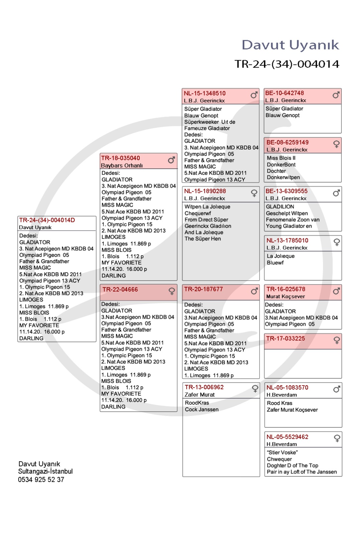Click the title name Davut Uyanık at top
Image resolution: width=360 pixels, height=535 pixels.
(x=290, y=45)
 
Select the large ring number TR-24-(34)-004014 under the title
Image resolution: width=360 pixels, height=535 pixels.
(x=287, y=64)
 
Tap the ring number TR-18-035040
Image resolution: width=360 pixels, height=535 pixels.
(x=121, y=158)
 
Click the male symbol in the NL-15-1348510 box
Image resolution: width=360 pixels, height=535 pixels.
(x=254, y=95)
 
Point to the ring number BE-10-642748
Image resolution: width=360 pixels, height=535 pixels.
(x=284, y=93)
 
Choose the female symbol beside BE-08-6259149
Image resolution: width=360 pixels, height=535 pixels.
(x=336, y=144)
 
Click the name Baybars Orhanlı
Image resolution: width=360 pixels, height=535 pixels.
(x=122, y=166)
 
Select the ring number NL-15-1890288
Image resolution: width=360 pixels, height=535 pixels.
(x=205, y=191)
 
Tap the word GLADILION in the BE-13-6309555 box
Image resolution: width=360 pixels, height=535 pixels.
(x=280, y=207)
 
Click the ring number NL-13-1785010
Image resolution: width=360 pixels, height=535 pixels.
(x=287, y=240)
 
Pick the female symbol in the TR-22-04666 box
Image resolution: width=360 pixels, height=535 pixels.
(x=172, y=291)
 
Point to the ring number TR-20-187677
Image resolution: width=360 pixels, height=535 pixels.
(x=204, y=289)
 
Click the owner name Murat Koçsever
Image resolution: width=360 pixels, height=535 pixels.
(x=285, y=297)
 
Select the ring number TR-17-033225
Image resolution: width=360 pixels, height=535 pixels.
(x=285, y=338)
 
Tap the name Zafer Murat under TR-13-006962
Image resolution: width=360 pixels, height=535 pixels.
(x=200, y=395)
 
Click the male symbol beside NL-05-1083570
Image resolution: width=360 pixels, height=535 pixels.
(x=337, y=389)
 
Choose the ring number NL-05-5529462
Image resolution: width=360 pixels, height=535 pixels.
(x=287, y=437)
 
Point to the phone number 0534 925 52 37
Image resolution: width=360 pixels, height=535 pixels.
(x=41, y=479)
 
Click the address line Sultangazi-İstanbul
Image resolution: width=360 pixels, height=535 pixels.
(x=45, y=471)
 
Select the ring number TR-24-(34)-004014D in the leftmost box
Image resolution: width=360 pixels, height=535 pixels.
(x=47, y=220)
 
